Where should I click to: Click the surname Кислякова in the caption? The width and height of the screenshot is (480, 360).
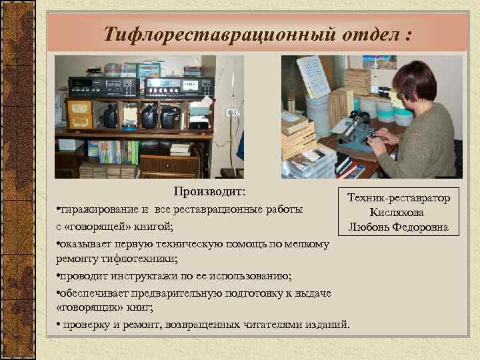[x=398, y=213]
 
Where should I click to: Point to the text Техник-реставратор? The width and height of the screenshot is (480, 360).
[x=398, y=198]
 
